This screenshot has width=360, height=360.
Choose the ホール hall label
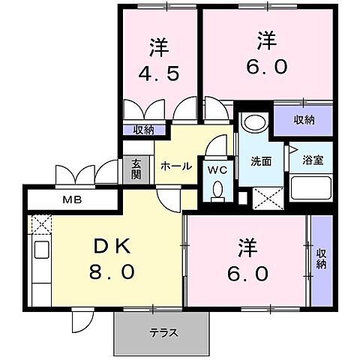pyautogui.click(x=176, y=166)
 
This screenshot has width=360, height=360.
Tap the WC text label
pyautogui.click(x=217, y=170)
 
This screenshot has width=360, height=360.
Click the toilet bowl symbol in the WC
pyautogui.click(x=217, y=193)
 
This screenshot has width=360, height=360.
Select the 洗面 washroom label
pyautogui.click(x=261, y=161)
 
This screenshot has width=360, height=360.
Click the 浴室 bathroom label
pyautogui.click(x=312, y=160)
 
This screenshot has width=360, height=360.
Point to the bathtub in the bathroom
pyautogui.click(x=310, y=187)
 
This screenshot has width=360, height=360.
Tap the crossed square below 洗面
pyautogui.click(x=265, y=197)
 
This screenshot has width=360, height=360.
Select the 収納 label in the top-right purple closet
pyautogui.click(x=304, y=121)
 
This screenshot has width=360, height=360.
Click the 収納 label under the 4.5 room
pyautogui.click(x=144, y=130)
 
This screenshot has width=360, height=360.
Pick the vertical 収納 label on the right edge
pyautogui.click(x=321, y=259)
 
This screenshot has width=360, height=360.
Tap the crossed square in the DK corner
pyautogui.click(x=39, y=223)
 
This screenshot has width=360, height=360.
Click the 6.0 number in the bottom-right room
pyautogui.click(x=246, y=273)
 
